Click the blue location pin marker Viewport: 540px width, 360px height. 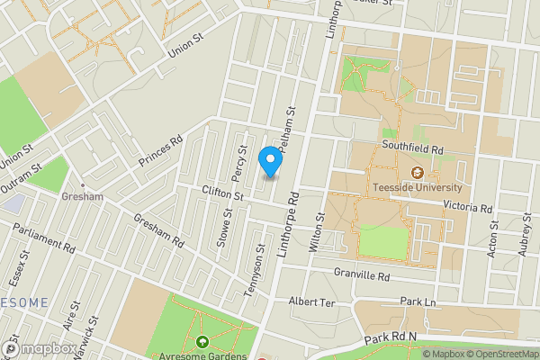(x=268, y=160)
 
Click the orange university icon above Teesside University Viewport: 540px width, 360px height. (x=418, y=172)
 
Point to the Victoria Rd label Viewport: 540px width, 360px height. (x=467, y=206)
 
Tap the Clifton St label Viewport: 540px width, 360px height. (x=223, y=194)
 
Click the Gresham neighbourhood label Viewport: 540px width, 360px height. (x=82, y=196)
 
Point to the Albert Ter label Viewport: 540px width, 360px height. (x=311, y=302)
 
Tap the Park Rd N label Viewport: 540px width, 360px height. (x=392, y=339)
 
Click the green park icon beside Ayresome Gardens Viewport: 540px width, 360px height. (x=202, y=343)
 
